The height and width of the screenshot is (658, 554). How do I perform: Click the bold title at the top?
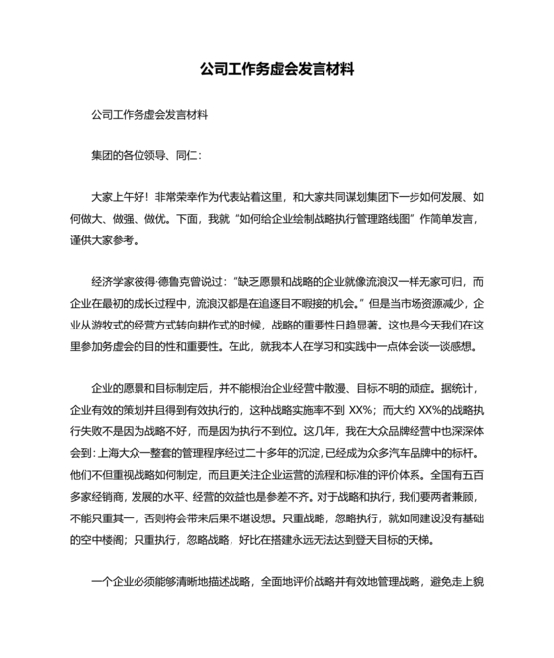click(276, 71)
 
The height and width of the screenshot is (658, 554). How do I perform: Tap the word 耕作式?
click(265, 324)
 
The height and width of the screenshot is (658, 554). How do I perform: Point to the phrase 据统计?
click(460, 387)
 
